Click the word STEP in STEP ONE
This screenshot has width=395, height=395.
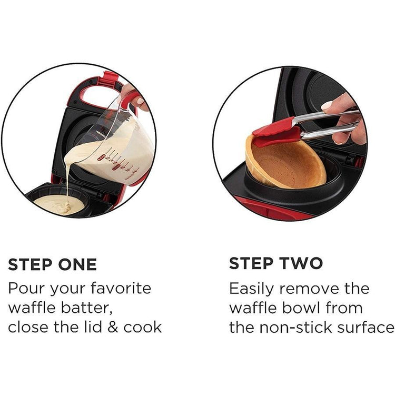click(x=30, y=264)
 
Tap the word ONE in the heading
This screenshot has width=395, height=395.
click(x=77, y=264)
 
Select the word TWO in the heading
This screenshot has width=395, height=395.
click(x=302, y=263)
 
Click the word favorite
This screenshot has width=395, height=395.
click(x=121, y=288)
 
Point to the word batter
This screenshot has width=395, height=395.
click(x=87, y=308)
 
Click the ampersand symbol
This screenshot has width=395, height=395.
click(x=113, y=327)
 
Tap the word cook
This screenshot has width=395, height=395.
click(x=143, y=327)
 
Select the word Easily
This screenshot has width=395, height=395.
click(x=251, y=289)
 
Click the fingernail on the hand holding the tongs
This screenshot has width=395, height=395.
click(x=327, y=105)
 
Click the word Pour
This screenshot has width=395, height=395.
click(x=26, y=288)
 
